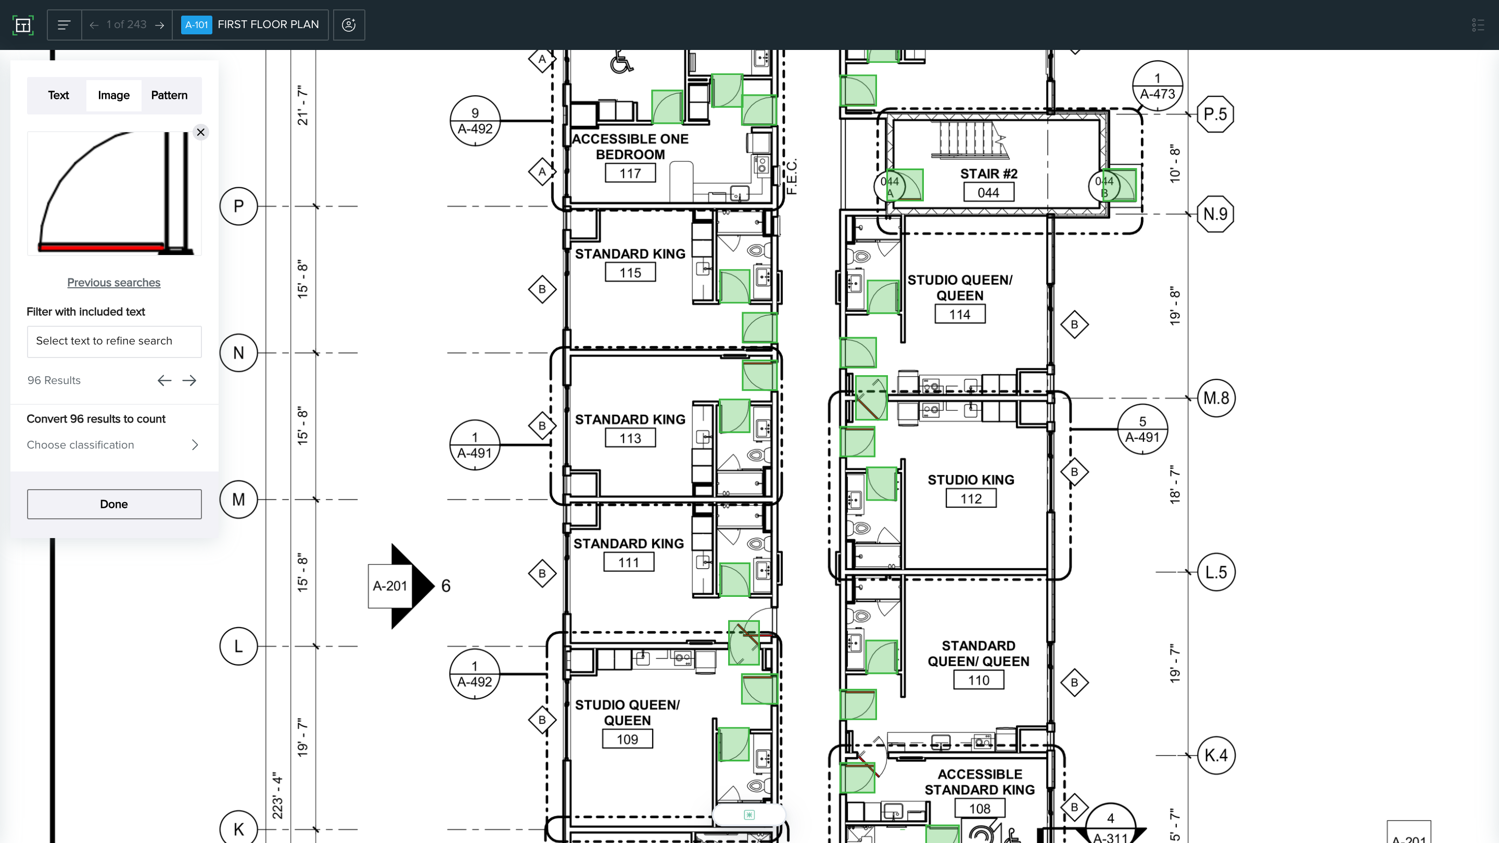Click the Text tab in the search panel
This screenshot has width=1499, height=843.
(x=58, y=95)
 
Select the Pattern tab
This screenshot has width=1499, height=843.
(x=169, y=95)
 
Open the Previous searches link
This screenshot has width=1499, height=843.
(x=113, y=283)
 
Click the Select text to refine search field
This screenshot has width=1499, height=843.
(x=114, y=341)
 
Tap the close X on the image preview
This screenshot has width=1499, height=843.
(x=201, y=133)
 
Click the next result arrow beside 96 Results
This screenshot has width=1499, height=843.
(x=189, y=380)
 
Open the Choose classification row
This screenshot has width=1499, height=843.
(x=113, y=445)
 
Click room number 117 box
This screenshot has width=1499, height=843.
(x=630, y=173)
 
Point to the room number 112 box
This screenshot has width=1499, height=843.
(x=971, y=499)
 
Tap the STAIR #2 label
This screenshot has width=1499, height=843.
(x=989, y=174)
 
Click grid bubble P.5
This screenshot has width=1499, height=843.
(x=1215, y=114)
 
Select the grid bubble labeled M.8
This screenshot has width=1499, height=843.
(x=1216, y=398)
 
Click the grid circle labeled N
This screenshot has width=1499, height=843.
(x=238, y=353)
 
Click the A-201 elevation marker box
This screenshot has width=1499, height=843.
(x=390, y=586)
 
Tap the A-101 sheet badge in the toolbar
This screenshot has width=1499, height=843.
(x=196, y=25)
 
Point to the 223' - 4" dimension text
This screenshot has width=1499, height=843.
(x=277, y=796)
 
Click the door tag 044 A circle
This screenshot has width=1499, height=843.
(x=890, y=186)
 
